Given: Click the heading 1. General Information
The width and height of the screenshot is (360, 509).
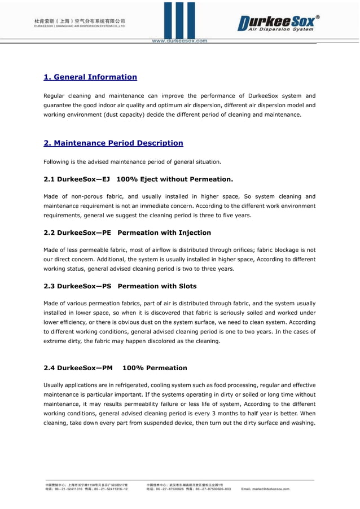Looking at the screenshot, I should click(x=90, y=77).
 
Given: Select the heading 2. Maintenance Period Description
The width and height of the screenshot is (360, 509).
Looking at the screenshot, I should click(x=113, y=143).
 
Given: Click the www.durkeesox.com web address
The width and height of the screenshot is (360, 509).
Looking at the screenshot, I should click(x=179, y=41).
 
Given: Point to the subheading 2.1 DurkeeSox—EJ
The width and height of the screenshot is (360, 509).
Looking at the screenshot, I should click(x=77, y=179).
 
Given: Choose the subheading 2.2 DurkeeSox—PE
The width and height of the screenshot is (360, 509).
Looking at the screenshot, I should click(x=77, y=232).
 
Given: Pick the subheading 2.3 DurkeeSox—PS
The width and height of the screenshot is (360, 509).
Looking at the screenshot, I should click(x=77, y=286).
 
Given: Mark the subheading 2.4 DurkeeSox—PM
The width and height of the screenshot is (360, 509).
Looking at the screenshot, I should click(x=78, y=368).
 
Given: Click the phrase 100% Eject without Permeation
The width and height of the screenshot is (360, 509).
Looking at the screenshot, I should click(x=174, y=179).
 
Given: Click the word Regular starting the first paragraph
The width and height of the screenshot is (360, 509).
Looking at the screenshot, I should click(x=56, y=95).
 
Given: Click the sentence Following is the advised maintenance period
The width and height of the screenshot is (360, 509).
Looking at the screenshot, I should click(x=132, y=162).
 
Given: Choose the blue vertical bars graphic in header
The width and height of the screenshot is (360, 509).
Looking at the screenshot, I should click(x=180, y=20).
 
